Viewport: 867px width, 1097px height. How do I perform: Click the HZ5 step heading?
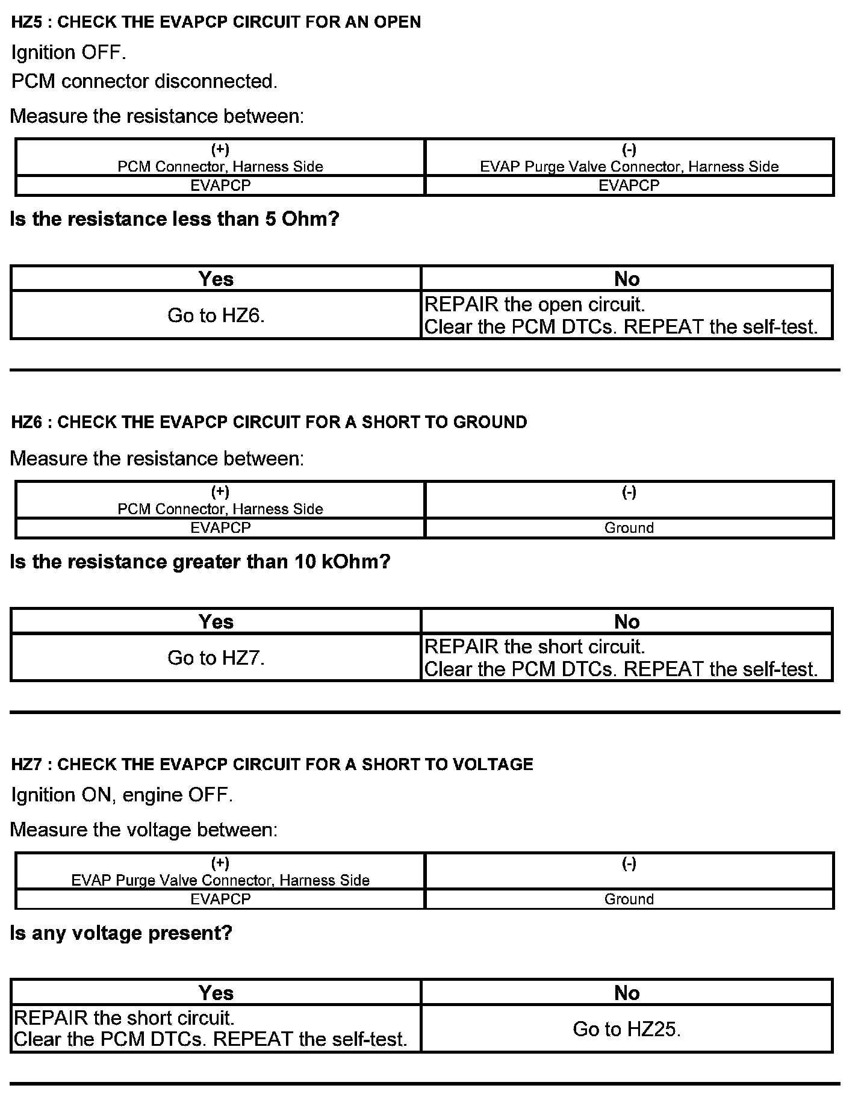click(x=216, y=22)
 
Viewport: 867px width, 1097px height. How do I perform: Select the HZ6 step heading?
click(x=269, y=422)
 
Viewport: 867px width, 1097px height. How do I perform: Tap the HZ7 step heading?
click(x=272, y=764)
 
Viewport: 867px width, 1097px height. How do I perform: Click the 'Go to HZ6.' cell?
click(x=216, y=315)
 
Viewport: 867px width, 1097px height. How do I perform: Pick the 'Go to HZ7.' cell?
click(x=216, y=657)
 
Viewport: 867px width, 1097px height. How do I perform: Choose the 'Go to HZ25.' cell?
click(x=627, y=1029)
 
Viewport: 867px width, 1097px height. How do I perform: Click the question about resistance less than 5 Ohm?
click(x=175, y=219)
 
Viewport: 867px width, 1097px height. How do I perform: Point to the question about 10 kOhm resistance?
click(x=200, y=562)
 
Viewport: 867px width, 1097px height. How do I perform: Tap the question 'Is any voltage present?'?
click(x=121, y=933)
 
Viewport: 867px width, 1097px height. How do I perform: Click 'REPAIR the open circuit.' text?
click(x=535, y=305)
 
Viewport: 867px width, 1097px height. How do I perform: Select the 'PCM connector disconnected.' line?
click(x=144, y=81)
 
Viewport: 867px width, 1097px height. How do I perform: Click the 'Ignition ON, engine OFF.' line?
click(x=122, y=795)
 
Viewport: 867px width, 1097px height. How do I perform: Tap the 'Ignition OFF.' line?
click(x=69, y=52)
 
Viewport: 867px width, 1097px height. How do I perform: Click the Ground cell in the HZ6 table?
click(x=629, y=528)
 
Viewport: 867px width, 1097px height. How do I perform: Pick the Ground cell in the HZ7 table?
click(x=629, y=899)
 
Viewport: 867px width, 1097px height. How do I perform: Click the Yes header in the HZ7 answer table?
click(x=216, y=993)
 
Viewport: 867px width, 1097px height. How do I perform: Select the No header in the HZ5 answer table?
click(x=627, y=279)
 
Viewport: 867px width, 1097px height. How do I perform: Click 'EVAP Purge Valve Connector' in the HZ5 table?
click(x=629, y=166)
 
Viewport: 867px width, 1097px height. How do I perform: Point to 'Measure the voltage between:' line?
click(x=144, y=830)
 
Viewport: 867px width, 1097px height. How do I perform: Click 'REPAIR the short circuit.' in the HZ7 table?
click(x=124, y=1018)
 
